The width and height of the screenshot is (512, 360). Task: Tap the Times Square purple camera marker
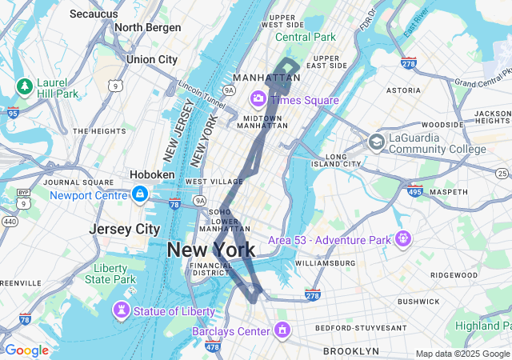[x=258, y=98]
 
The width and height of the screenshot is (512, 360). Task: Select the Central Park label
[x=306, y=37]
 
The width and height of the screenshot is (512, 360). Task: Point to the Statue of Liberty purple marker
[x=121, y=309]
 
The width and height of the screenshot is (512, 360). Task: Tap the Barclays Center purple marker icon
[x=282, y=330]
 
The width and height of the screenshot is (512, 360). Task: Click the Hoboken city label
[x=152, y=174]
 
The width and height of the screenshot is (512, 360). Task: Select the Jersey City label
[x=124, y=229]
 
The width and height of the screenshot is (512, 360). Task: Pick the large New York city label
[x=211, y=250]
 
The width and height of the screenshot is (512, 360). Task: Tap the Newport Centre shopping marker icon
[x=140, y=194]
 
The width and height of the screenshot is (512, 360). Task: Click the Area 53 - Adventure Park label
[x=329, y=240]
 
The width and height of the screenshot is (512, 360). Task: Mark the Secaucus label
[x=94, y=14]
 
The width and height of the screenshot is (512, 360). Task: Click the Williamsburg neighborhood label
[x=325, y=262]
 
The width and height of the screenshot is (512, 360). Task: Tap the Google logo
[x=26, y=350]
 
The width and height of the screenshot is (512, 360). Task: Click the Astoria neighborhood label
[x=403, y=90]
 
